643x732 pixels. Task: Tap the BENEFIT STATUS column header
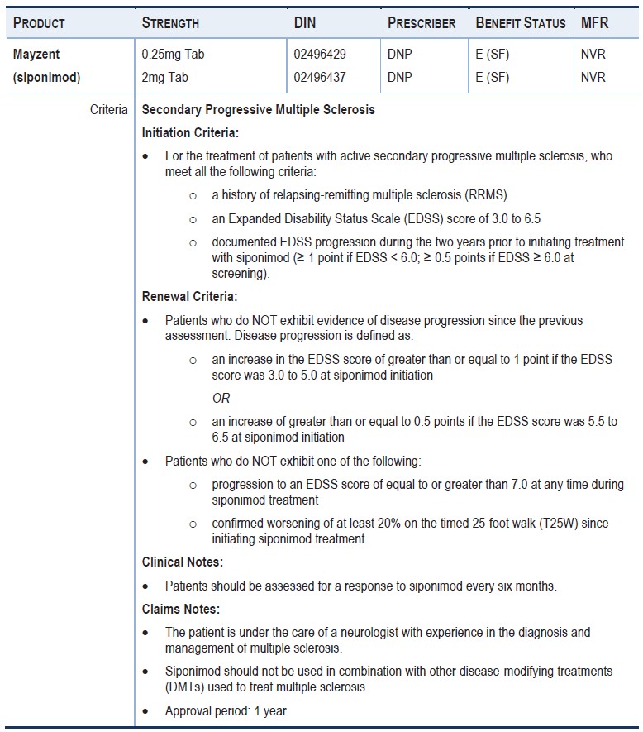coord(521,23)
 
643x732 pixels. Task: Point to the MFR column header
coord(594,23)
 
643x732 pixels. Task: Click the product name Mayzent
coord(36,55)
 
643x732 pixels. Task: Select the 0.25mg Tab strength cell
coord(173,55)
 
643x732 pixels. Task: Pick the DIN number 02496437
coord(320,77)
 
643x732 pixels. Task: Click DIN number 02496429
coord(320,55)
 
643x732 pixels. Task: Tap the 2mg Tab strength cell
coord(165,77)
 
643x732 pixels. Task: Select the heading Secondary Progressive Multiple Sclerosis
coord(258,109)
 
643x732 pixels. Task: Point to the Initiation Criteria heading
coord(191,132)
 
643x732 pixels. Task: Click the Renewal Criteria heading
coord(189,296)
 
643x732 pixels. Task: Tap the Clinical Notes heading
coord(183,562)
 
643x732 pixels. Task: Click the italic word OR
coord(221,398)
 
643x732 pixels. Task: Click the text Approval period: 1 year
coord(226,710)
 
